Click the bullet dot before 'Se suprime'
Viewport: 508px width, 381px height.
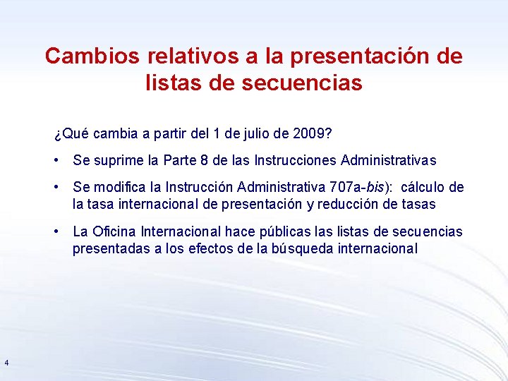point(56,161)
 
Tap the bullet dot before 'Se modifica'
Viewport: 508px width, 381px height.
point(56,187)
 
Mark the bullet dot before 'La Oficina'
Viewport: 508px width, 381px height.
point(56,231)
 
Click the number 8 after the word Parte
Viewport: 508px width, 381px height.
point(204,161)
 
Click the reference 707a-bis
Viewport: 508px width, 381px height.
point(360,187)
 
